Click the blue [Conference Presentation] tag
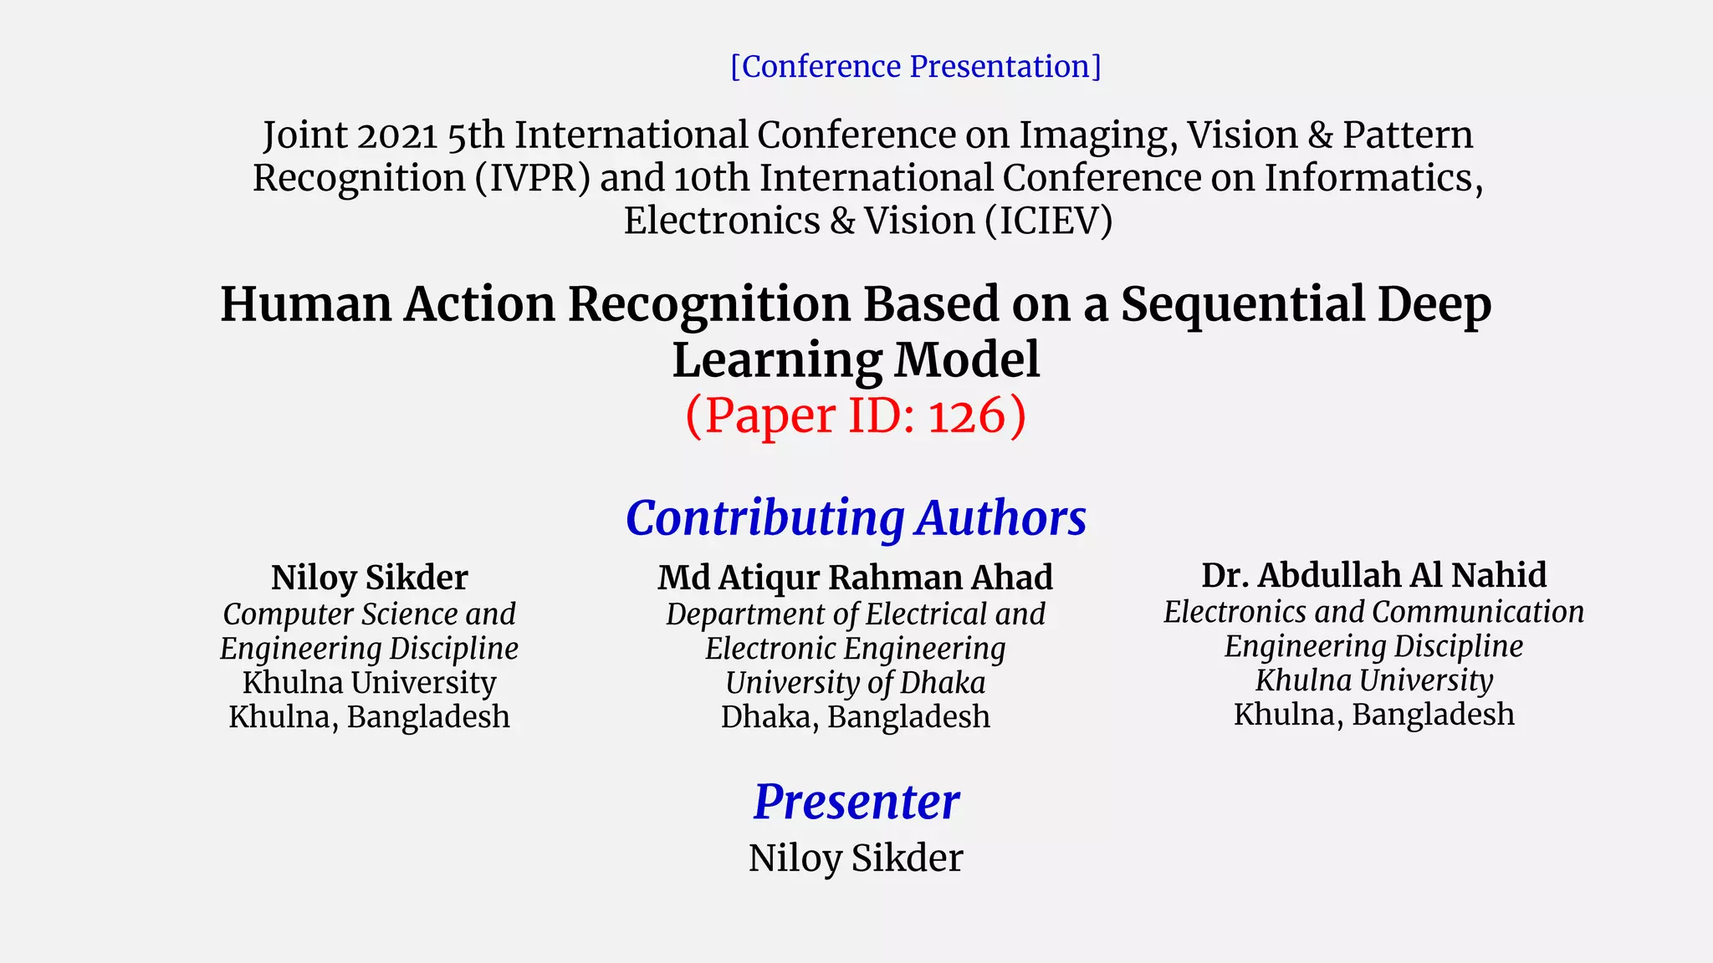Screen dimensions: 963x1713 (915, 66)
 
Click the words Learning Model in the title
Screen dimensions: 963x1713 (856, 359)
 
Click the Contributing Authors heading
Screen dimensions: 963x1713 (856, 517)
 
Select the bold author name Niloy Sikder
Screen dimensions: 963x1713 (369, 578)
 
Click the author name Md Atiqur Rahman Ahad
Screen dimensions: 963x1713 (855, 578)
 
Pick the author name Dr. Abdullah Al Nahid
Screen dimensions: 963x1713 (1373, 575)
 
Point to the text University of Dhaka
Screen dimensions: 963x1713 (855, 683)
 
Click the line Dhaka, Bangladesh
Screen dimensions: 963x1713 (855, 717)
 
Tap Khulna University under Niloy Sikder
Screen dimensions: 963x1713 (369, 683)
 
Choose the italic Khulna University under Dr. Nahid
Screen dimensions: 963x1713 (1373, 680)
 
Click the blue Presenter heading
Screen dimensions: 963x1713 (856, 802)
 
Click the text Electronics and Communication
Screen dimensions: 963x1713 (1373, 612)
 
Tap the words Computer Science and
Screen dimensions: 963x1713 (369, 614)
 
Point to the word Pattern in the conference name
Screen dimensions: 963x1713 (1407, 135)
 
